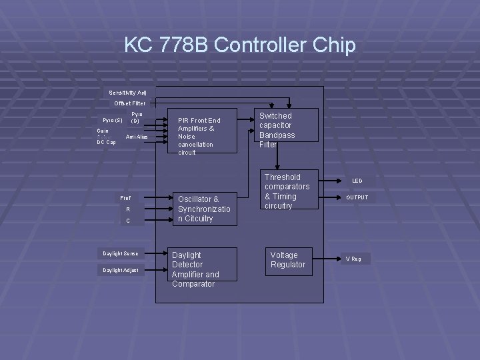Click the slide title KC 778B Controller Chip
tap(240, 45)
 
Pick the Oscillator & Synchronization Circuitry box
tap(204, 209)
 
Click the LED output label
tap(357, 181)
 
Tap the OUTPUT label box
tap(357, 197)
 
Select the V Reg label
tap(353, 259)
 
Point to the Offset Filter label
tap(129, 103)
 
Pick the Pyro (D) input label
tap(135, 118)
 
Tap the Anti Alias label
tap(136, 137)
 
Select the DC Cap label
tap(106, 142)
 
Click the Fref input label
tap(125, 198)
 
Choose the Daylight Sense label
tap(121, 253)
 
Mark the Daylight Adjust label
tap(121, 270)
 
